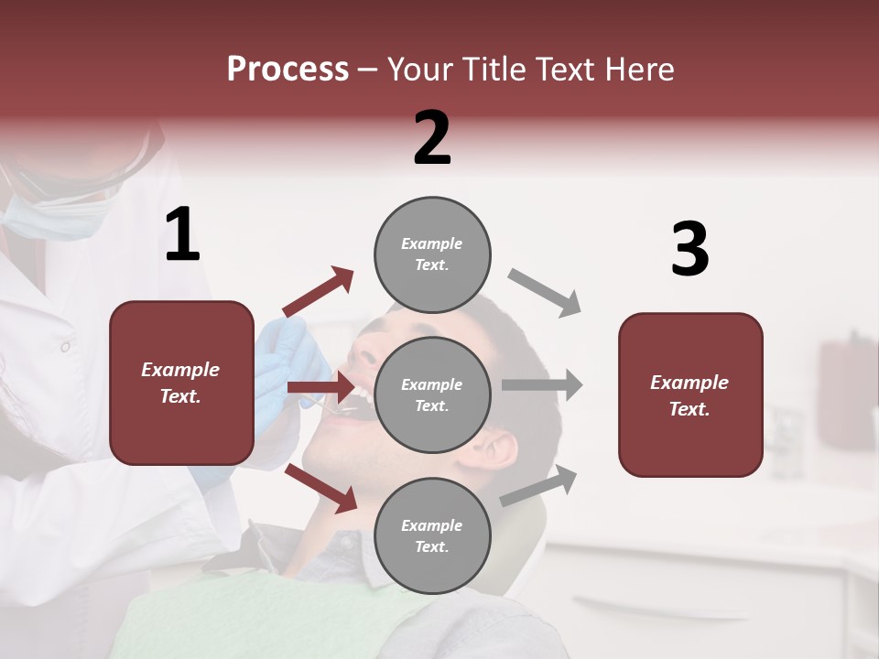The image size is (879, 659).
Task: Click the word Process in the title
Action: point(288,69)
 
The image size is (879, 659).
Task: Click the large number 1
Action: point(182,235)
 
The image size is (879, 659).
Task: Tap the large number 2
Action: point(432,138)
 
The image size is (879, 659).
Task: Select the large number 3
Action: point(689,250)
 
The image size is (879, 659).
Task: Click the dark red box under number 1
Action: point(181,383)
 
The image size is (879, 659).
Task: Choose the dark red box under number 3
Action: point(690,394)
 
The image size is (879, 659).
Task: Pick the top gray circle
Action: point(432,254)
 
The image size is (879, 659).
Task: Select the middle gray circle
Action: point(432,394)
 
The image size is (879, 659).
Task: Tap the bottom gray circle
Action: point(432,535)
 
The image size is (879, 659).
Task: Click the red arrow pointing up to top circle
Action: point(319,292)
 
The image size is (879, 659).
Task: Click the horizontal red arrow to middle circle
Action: point(320,388)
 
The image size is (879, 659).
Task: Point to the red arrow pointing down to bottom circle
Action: point(321,488)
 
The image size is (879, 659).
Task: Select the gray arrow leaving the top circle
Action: point(546,293)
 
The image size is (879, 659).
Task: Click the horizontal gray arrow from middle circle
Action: point(542,385)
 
